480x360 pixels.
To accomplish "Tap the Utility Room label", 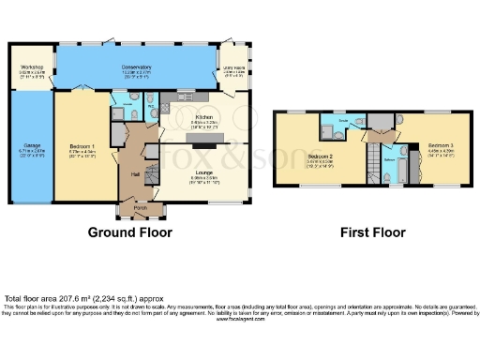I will tap(234, 67).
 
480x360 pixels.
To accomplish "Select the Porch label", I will tap(140, 205).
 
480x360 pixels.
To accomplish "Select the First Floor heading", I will tap(372, 232).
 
